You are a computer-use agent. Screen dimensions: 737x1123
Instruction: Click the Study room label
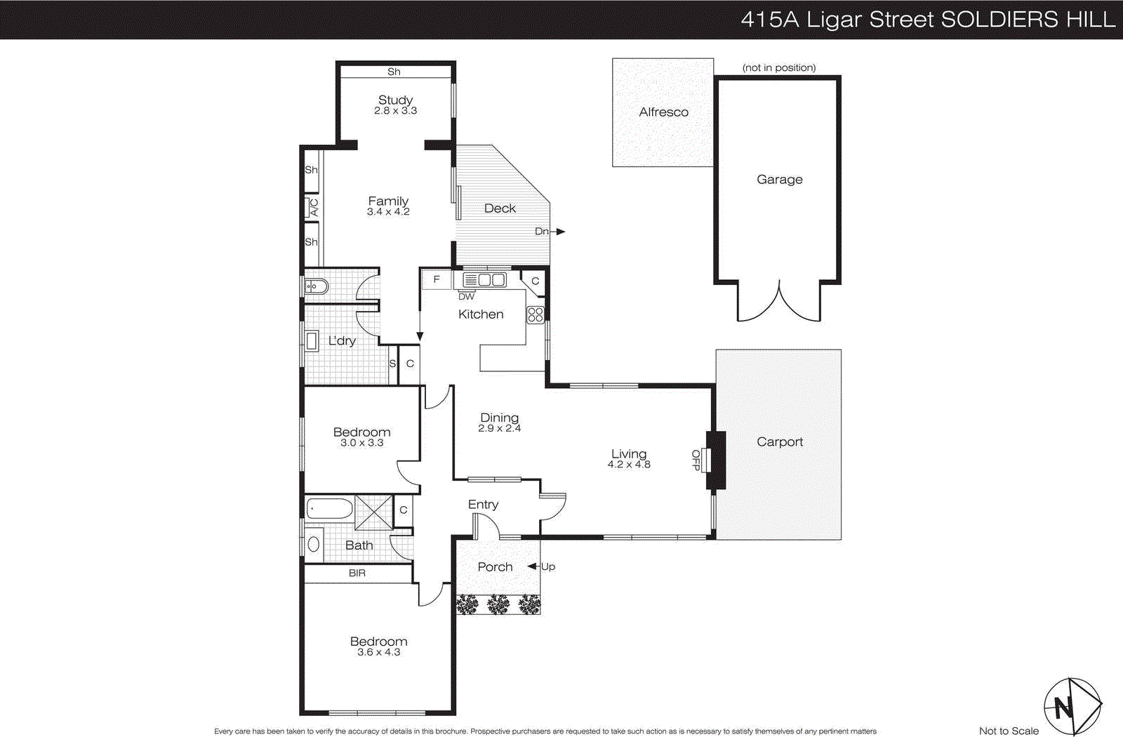[395, 100]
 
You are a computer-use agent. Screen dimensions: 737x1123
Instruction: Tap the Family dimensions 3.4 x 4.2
[388, 211]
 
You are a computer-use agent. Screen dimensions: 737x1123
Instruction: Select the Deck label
[500, 208]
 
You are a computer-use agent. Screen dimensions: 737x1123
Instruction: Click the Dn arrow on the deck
[559, 232]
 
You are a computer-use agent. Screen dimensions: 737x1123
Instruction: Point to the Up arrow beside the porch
[533, 566]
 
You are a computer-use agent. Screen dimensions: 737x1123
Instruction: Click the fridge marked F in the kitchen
[436, 280]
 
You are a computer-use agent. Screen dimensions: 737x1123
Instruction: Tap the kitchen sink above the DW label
[485, 280]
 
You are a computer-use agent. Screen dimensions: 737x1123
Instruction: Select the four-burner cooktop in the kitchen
[536, 314]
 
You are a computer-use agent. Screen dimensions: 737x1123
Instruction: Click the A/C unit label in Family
[313, 208]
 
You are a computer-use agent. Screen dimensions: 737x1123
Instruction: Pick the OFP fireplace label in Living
[696, 460]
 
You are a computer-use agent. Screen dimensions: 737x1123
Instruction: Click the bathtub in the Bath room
[330, 508]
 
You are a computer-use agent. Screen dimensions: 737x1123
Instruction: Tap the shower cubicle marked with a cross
[373, 512]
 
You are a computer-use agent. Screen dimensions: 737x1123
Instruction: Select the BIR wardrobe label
[357, 573]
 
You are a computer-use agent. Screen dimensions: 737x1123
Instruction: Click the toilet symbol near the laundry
[317, 286]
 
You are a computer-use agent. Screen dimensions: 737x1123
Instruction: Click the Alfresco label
[663, 112]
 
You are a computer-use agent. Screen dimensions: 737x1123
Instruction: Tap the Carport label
[779, 441]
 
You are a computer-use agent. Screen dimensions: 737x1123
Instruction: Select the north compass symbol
[1071, 706]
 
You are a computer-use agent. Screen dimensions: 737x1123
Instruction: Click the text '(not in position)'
[778, 67]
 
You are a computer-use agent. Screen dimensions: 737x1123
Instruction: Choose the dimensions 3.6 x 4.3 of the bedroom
[378, 652]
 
